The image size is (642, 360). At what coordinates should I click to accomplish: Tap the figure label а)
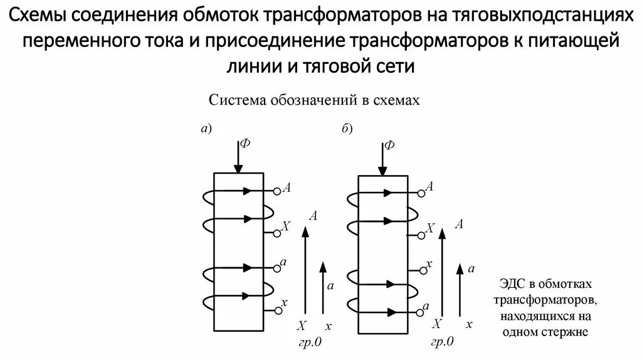(x=206, y=129)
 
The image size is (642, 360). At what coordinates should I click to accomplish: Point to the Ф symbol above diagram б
(x=389, y=145)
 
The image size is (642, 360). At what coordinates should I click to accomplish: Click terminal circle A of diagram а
(x=276, y=190)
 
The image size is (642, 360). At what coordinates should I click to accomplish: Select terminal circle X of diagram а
(x=276, y=233)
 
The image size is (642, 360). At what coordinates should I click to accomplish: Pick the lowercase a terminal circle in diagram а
(x=276, y=268)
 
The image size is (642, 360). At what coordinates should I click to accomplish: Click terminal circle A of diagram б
(x=421, y=191)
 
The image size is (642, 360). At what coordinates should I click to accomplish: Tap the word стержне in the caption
(x=567, y=332)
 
